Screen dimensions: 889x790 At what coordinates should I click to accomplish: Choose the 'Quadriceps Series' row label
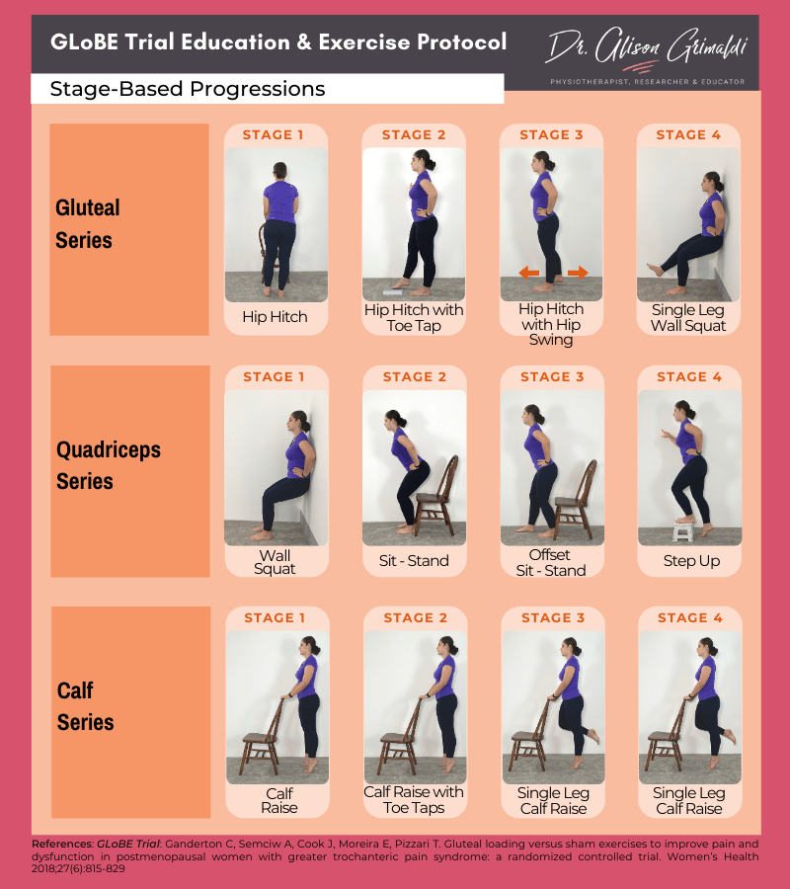coord(108,465)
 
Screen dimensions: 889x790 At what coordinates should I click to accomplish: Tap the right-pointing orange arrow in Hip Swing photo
coord(578,273)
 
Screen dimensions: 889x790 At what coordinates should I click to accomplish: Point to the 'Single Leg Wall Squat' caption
coord(688,318)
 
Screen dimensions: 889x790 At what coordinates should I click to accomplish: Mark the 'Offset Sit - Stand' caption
coord(550,562)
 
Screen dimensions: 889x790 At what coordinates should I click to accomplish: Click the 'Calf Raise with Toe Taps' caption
coord(414,800)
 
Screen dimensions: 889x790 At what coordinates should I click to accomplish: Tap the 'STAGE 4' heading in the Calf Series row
coord(689,618)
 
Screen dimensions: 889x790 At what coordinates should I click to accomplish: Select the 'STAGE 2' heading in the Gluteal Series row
coord(414,135)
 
